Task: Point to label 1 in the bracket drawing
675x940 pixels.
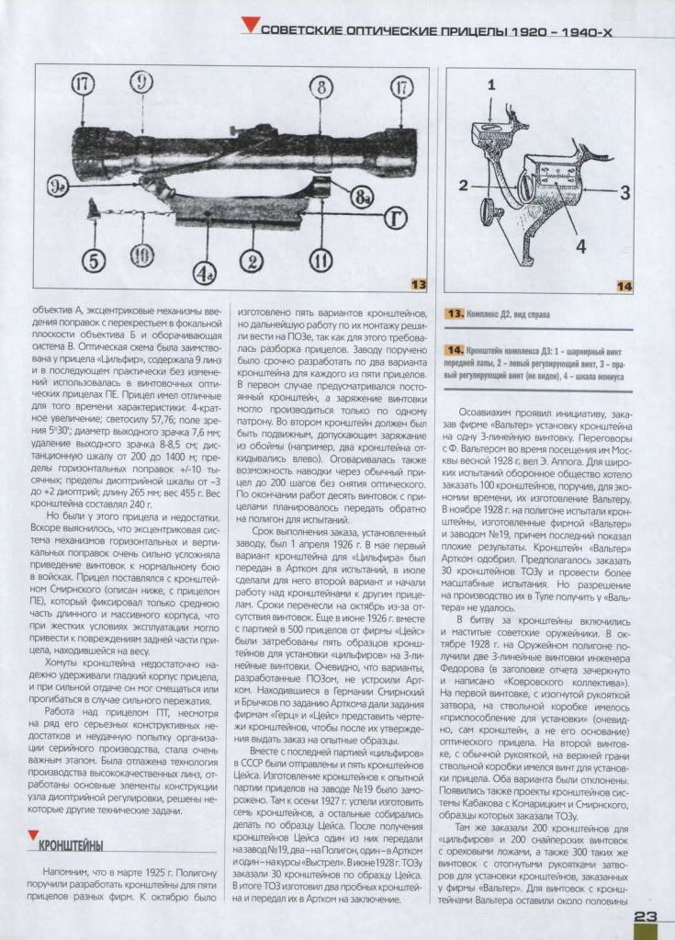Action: click(x=493, y=86)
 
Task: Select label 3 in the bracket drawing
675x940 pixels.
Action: click(x=624, y=193)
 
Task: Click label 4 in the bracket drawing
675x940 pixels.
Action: click(x=579, y=246)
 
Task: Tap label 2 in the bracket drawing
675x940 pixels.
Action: click(x=466, y=183)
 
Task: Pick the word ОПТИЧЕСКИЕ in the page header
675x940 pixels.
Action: click(x=387, y=29)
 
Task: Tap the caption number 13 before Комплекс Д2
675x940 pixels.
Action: click(x=455, y=314)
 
